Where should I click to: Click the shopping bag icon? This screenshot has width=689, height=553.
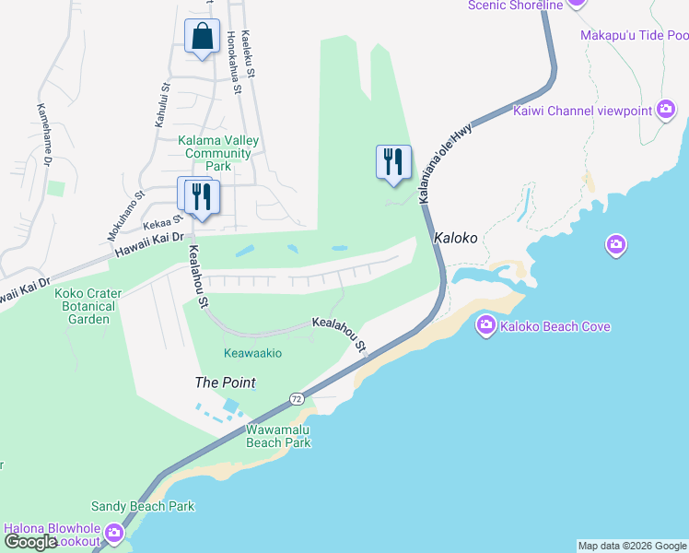(202, 37)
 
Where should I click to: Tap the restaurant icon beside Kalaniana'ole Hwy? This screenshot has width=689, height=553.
(393, 162)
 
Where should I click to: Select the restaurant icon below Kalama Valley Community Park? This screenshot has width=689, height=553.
(197, 195)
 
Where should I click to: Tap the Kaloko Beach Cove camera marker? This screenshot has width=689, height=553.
(485, 325)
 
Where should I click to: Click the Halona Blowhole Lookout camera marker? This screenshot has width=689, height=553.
(114, 533)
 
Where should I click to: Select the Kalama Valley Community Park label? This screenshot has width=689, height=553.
(219, 154)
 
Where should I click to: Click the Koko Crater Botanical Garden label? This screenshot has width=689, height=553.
(85, 306)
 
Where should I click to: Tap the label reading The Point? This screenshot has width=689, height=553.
(225, 382)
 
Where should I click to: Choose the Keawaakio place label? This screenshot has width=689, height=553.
(252, 353)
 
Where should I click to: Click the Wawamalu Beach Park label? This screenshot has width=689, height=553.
(278, 436)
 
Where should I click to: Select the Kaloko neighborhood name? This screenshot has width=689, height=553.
(456, 237)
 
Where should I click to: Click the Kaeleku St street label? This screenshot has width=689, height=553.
(247, 53)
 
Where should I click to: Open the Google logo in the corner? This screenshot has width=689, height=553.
(30, 541)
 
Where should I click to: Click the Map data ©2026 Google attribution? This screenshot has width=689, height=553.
(632, 546)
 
